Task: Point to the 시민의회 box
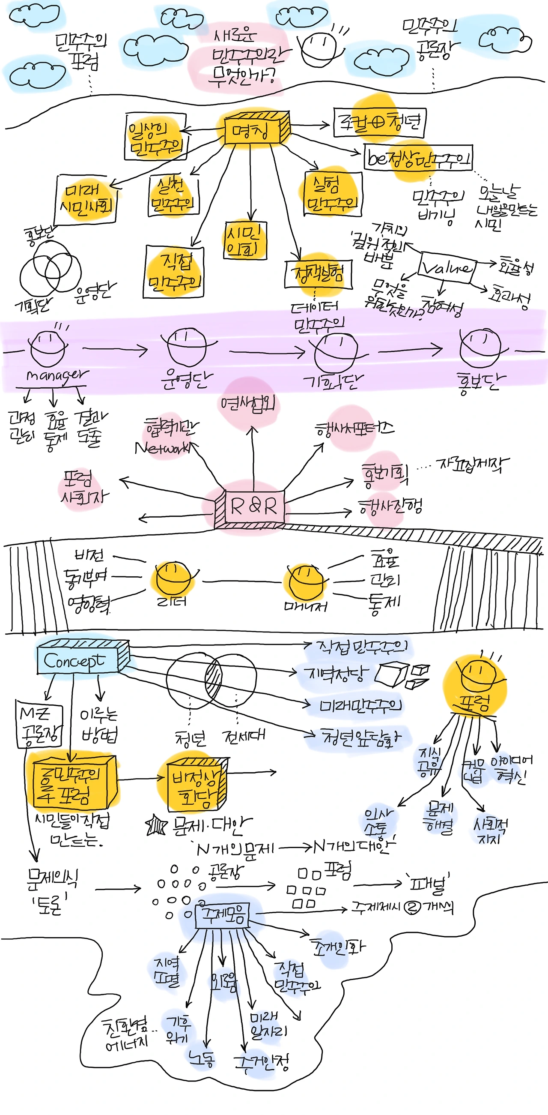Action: pyautogui.click(x=245, y=241)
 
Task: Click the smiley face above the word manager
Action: pyautogui.click(x=48, y=348)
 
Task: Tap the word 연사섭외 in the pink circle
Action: pyautogui.click(x=247, y=403)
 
